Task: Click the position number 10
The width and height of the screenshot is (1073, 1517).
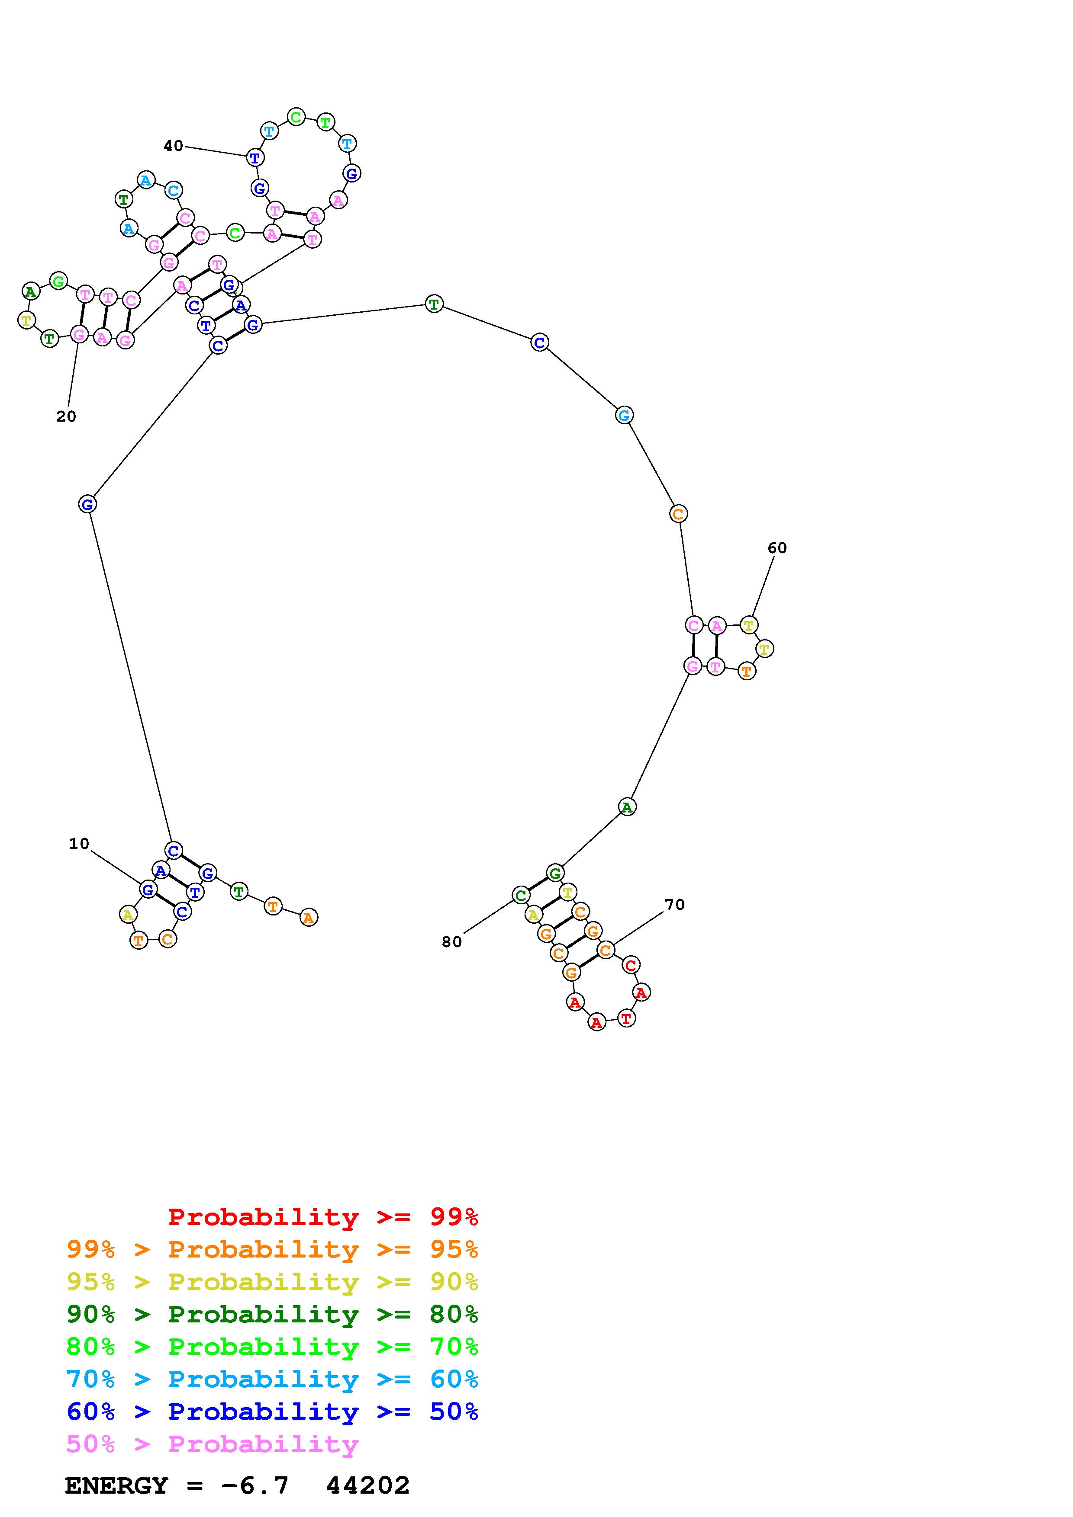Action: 79,844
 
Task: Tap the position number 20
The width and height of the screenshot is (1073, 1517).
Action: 66,416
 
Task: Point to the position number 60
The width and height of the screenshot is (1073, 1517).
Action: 777,548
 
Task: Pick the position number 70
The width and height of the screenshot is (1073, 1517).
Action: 674,905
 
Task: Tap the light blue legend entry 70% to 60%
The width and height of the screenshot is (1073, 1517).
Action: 272,1379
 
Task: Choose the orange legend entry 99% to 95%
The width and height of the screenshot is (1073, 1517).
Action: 272,1249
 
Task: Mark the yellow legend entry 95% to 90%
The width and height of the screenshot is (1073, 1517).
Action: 272,1282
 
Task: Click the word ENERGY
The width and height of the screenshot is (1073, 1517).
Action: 116,1486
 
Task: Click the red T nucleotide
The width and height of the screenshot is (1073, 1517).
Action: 626,1018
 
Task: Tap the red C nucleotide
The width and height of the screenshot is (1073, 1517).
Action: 631,965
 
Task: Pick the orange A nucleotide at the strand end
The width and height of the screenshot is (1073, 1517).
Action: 308,917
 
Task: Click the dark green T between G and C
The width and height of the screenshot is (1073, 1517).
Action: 434,304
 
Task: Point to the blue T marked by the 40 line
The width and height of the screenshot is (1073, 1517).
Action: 255,158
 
